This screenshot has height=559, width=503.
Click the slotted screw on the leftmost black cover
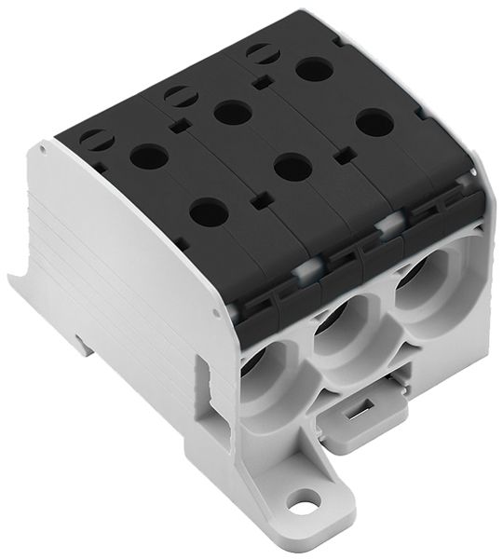pyautogui.click(x=96, y=140)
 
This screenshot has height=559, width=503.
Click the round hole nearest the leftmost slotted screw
pyautogui.click(x=148, y=156)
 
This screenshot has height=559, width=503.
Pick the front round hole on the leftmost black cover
pyautogui.click(x=209, y=212)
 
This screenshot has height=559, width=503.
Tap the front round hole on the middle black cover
pyautogui.click(x=292, y=168)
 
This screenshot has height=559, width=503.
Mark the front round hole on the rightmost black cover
pyautogui.click(x=374, y=122)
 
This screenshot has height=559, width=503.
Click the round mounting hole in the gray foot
pyautogui.click(x=301, y=509)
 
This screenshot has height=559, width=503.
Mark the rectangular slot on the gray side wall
pyautogui.click(x=207, y=385)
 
